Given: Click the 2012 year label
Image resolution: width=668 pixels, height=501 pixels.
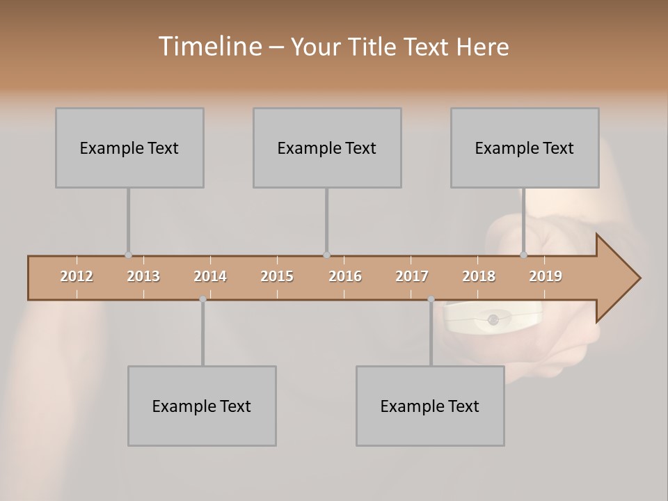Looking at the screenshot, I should click(x=77, y=276).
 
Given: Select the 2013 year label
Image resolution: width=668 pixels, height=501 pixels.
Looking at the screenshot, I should click(x=143, y=276).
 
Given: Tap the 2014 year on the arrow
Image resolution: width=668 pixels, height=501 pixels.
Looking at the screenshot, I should click(x=210, y=276).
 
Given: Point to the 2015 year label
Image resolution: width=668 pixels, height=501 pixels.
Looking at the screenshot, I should click(x=277, y=276).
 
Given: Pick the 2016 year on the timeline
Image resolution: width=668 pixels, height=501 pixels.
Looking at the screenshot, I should click(x=345, y=276).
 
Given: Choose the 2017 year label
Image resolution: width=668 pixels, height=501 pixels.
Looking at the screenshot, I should click(x=412, y=276).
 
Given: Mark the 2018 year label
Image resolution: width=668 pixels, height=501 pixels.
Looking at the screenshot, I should click(x=479, y=276).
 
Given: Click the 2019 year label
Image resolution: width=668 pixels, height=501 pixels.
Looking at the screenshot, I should click(x=546, y=276).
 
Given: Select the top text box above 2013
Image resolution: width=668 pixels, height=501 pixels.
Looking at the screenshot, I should click(x=129, y=148).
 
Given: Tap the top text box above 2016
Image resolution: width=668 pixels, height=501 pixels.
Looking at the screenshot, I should click(x=327, y=148).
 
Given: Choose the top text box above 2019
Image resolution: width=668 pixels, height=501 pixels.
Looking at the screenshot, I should click(x=525, y=148).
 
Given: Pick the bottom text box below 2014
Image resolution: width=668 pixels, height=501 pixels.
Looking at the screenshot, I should click(x=202, y=406).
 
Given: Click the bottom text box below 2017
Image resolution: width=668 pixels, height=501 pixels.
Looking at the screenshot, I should click(x=430, y=406).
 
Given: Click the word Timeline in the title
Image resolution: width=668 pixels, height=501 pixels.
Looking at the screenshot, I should click(x=208, y=47).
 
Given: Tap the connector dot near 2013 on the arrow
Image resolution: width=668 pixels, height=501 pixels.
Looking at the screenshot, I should click(x=128, y=255).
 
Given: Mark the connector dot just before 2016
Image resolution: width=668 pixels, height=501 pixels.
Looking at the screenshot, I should click(x=326, y=255).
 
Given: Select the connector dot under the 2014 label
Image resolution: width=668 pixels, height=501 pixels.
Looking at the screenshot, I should click(x=202, y=299).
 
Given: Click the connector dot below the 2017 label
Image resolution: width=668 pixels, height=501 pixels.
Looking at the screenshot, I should click(x=431, y=299).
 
